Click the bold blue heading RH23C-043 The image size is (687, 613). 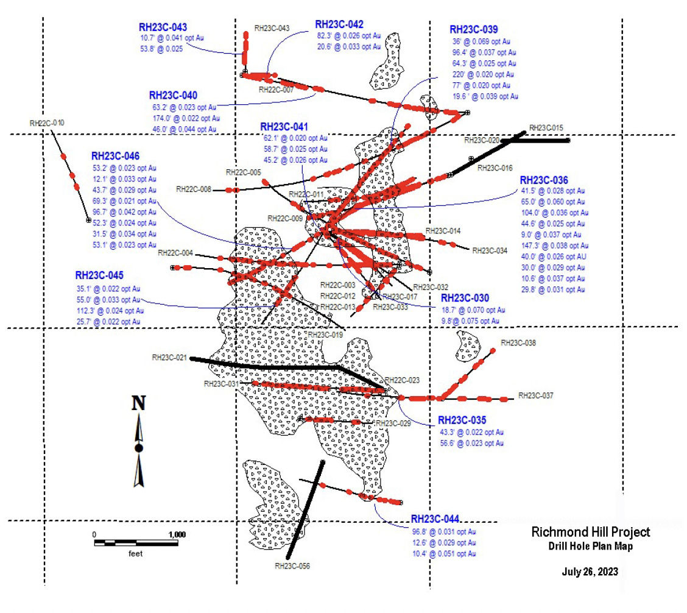pos(163,27)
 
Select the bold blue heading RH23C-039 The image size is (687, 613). pos(473,29)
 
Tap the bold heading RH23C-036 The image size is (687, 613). pos(544,180)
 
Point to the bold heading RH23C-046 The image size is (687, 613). pos(116,157)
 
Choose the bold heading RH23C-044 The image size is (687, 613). pos(435,519)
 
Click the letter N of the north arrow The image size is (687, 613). pos(139,403)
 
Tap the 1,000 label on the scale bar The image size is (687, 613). pos(176,534)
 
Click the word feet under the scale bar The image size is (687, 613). pos(135,554)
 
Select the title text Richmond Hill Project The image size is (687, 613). pos(591,532)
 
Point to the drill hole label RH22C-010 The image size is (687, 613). pos(47,123)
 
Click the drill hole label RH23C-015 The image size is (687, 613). pos(546,127)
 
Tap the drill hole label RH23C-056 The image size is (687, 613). pos(292,566)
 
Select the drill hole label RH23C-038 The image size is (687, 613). pos(518,343)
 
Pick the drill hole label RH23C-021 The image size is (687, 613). pos(169,358)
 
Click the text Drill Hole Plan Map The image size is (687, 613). pos(591,547)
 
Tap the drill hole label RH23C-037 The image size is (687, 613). pos(536,396)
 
